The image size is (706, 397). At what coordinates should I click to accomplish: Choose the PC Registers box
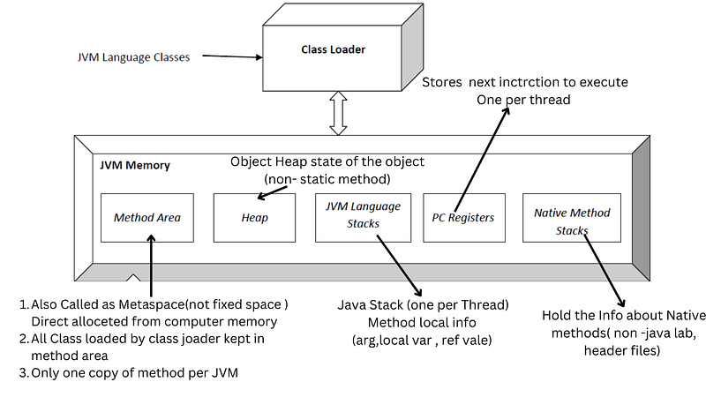click(463, 216)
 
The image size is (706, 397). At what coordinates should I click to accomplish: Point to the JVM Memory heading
click(135, 165)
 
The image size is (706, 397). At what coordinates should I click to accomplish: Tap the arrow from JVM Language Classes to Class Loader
click(232, 58)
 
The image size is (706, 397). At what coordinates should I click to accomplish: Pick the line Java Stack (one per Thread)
click(423, 305)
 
